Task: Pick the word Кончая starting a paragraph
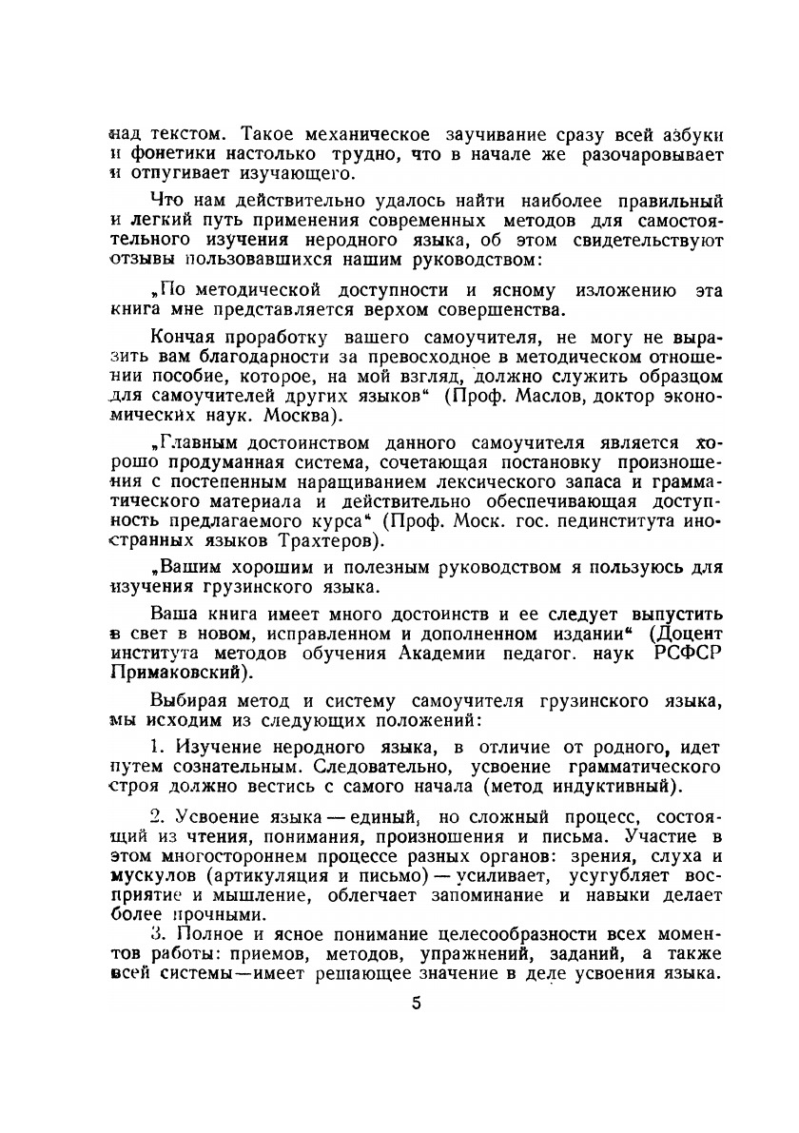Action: point(184,339)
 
